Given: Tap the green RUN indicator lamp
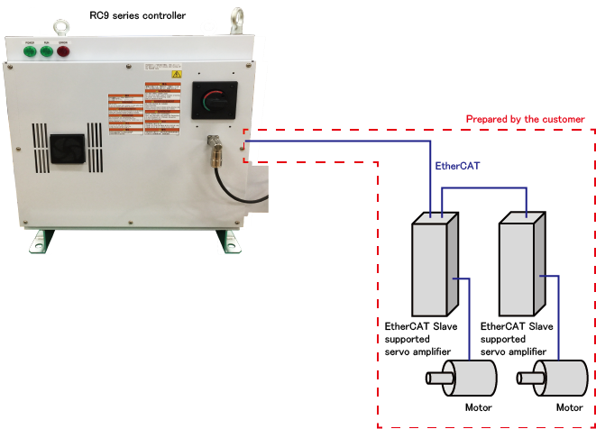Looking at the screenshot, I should click(45, 51).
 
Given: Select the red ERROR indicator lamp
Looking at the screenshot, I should click(63, 51).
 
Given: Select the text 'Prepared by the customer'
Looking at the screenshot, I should click(525, 119).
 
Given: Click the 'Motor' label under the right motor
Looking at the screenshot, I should click(569, 407).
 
